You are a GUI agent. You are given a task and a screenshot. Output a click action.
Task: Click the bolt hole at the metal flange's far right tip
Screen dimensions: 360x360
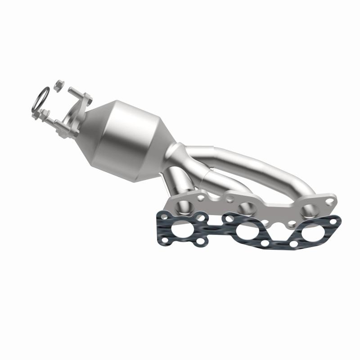(330, 202)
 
